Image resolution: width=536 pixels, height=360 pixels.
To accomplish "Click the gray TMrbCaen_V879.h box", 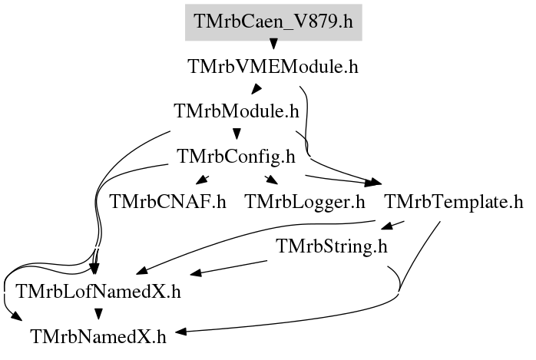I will [x=273, y=21].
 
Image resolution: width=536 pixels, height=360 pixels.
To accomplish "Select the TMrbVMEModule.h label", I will [x=273, y=67].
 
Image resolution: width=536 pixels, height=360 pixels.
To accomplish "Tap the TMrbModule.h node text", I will [x=236, y=111].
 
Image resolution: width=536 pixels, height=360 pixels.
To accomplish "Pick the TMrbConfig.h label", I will [x=236, y=157].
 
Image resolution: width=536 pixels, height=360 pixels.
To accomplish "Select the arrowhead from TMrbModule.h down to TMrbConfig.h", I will [x=236, y=136].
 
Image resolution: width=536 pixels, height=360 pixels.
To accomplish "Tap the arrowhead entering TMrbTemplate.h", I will [x=375, y=183].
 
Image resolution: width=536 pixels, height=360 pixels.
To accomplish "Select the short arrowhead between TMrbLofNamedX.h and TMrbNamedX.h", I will [x=98, y=315].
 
